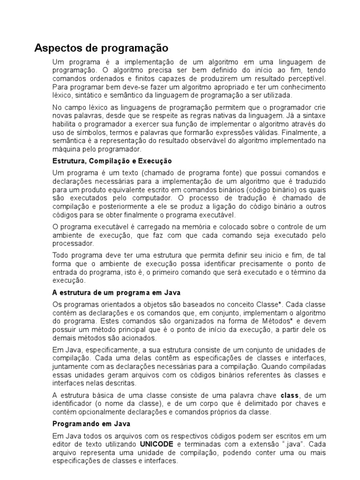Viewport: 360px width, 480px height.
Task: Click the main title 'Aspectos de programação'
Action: (101, 48)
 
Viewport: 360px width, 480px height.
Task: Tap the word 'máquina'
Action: (66, 150)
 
